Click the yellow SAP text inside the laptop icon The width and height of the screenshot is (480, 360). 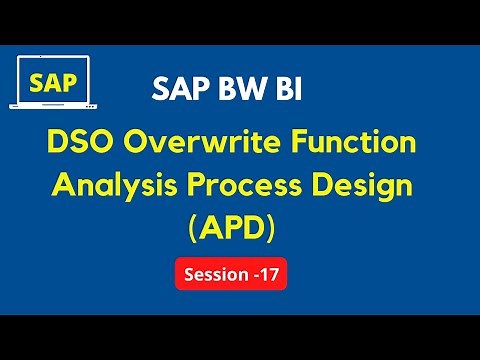[x=49, y=81]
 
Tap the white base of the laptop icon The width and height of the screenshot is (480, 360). [x=49, y=106]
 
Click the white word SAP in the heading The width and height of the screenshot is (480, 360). [x=177, y=91]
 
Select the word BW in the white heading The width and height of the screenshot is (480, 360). [x=236, y=91]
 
